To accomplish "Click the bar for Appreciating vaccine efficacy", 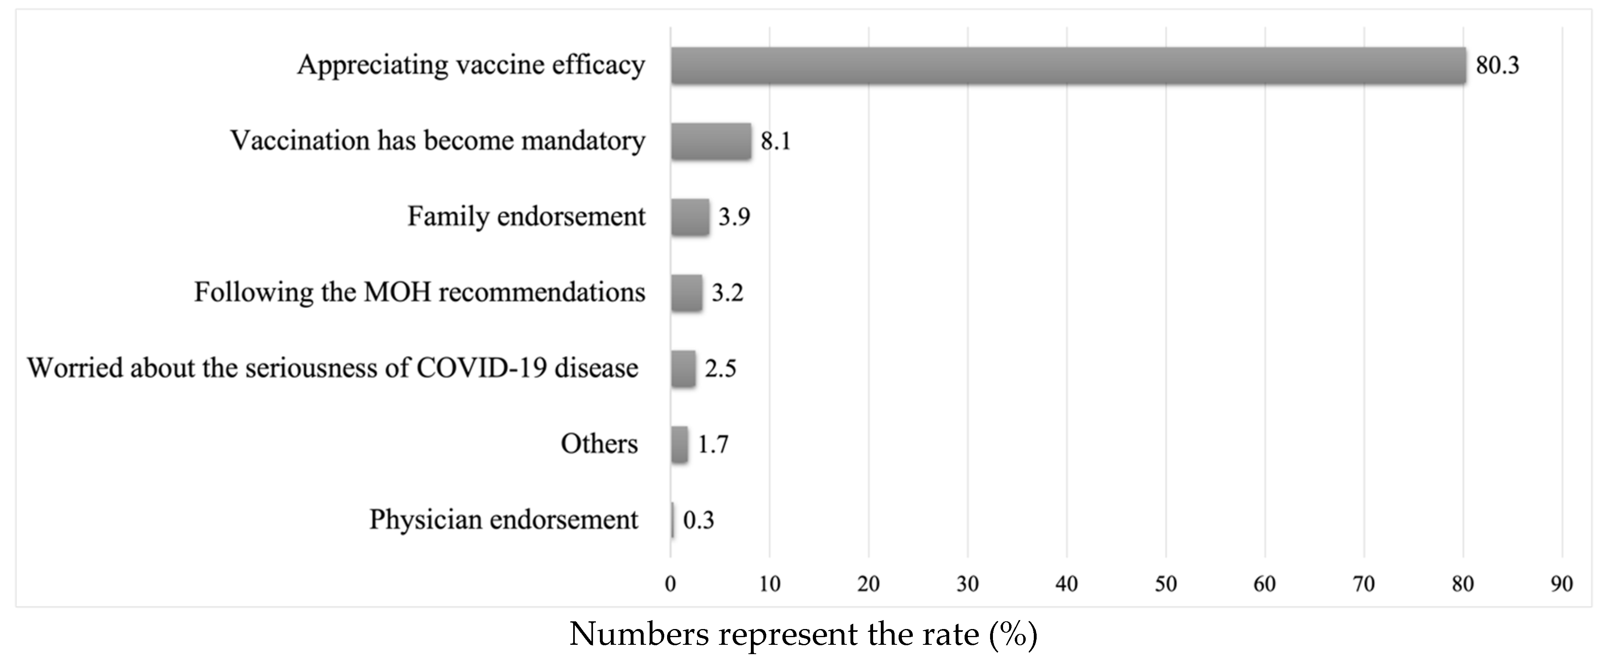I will (1068, 65).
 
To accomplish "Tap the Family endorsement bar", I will (690, 217).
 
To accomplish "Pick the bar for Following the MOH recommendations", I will (687, 292).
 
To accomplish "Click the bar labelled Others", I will (680, 444).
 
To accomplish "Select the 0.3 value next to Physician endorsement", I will (698, 520).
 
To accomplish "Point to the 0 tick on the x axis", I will (670, 584).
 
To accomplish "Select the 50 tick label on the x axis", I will (1165, 584).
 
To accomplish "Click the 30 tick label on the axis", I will (967, 584).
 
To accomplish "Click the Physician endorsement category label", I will (504, 520).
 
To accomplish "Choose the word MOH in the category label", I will (398, 292).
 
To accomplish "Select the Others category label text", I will (599, 444).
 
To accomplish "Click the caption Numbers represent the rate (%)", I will (803, 635).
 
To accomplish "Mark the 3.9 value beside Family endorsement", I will (734, 217).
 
